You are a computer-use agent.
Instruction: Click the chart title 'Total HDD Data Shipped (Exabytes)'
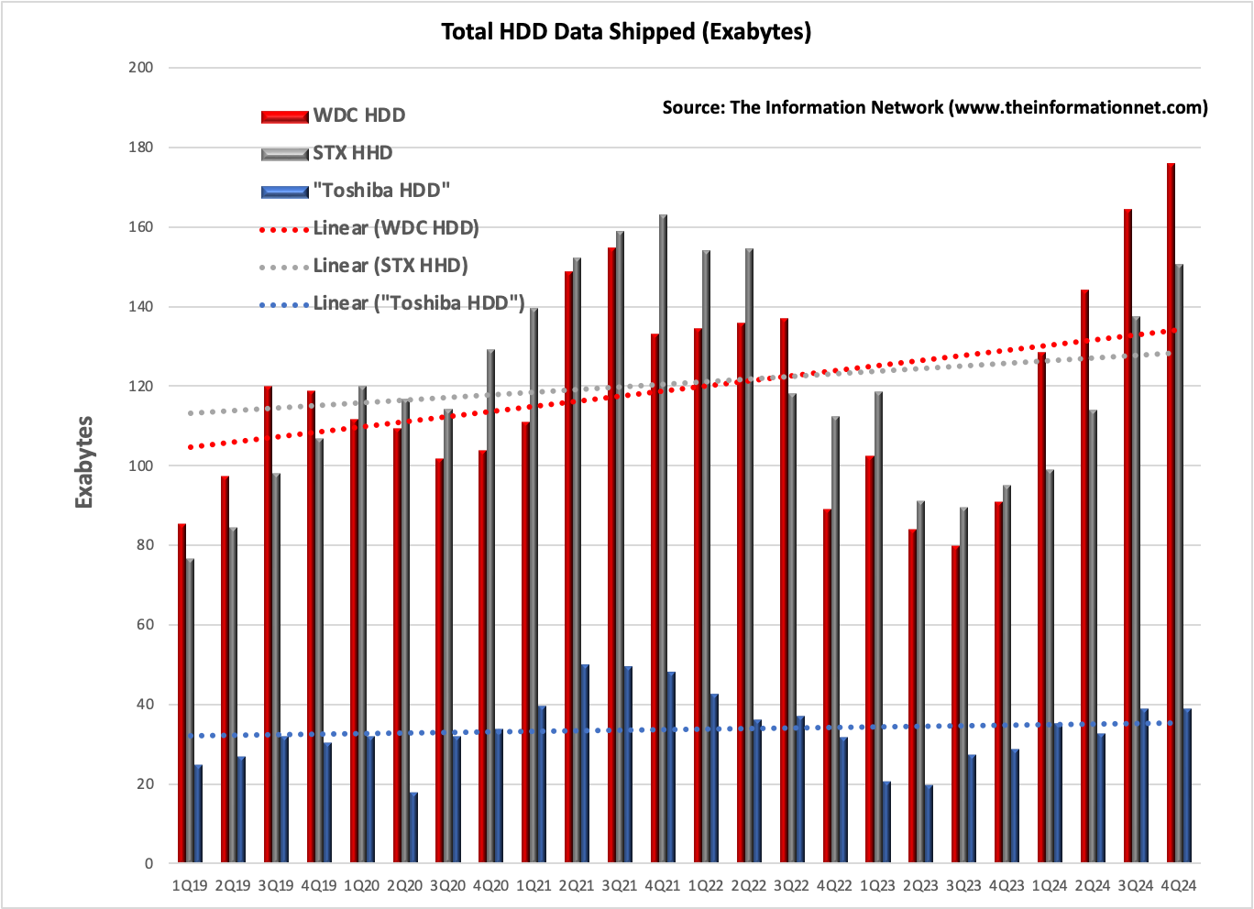pyautogui.click(x=626, y=31)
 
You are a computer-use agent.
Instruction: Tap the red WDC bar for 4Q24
pyautogui.click(x=1171, y=513)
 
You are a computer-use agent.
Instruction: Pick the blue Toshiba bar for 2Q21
pyautogui.click(x=584, y=763)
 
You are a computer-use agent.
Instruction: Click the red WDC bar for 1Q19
pyautogui.click(x=181, y=693)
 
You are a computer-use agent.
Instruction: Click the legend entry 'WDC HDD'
pyautogui.click(x=358, y=115)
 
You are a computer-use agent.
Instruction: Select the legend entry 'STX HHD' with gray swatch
pyautogui.click(x=352, y=153)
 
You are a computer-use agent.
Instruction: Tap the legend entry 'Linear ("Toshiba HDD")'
pyautogui.click(x=418, y=303)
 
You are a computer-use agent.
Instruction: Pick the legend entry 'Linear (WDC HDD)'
pyautogui.click(x=395, y=228)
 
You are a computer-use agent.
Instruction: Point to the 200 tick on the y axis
pyautogui.click(x=140, y=68)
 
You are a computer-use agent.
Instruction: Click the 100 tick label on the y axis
pyautogui.click(x=140, y=465)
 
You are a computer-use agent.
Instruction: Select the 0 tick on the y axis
pyautogui.click(x=148, y=863)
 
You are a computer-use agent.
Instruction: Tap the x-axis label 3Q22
pyautogui.click(x=792, y=886)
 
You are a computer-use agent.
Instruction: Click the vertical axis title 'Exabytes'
pyautogui.click(x=84, y=462)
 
